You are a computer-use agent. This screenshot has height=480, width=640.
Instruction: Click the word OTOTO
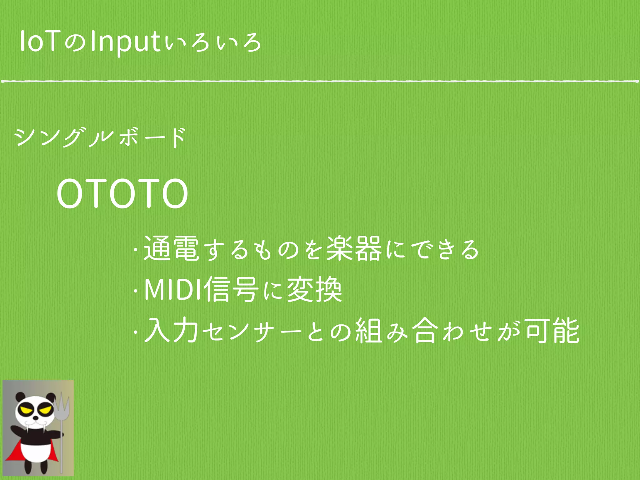click(122, 194)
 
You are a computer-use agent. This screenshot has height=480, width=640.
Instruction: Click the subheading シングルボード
click(100, 137)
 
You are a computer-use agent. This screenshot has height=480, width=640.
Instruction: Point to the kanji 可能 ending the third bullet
click(552, 331)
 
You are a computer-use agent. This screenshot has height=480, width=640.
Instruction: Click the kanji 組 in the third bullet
click(369, 331)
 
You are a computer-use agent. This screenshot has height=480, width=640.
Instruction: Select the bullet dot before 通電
click(135, 250)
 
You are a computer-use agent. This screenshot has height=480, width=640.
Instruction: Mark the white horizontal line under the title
click(320, 81)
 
